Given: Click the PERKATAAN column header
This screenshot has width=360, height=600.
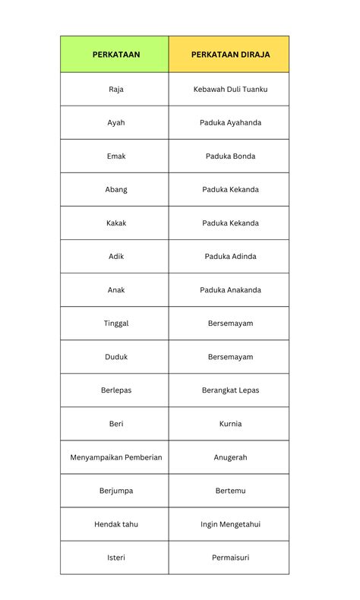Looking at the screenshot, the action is point(116,55).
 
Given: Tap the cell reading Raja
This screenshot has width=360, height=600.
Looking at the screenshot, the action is point(116,89).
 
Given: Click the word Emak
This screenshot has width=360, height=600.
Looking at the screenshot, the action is point(116,156).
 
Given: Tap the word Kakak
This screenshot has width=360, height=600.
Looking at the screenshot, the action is point(116,223).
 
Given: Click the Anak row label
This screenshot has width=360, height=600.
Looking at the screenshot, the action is point(116,289).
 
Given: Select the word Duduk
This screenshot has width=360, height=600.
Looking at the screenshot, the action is point(116,356).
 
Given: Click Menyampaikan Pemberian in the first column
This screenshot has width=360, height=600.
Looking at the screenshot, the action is point(116,457).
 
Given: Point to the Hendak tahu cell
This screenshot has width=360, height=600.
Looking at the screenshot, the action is point(116,524).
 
